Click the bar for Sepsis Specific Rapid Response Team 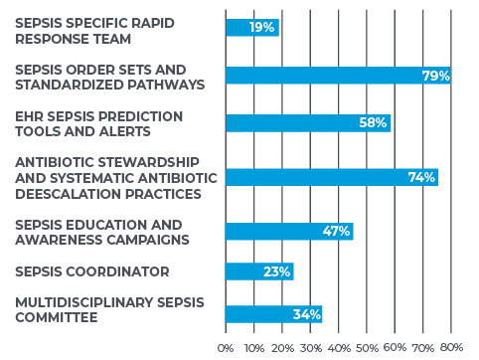click(251, 28)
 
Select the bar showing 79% click(337, 76)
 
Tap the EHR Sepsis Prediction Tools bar click(307, 123)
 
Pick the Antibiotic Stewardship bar click(331, 177)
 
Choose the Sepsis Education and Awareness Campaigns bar click(288, 232)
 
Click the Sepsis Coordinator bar click(258, 271)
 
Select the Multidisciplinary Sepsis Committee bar click(273, 314)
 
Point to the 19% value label click(262, 28)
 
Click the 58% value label click(372, 123)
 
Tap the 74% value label click(421, 177)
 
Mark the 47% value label click(336, 232)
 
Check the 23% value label click(276, 271)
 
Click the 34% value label click(306, 314)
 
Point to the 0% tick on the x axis click(226, 347)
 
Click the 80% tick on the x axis click(451, 347)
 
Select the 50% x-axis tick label click(367, 347)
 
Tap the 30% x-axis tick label click(310, 347)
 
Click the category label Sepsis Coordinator click(92, 271)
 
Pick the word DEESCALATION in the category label click(62, 192)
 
